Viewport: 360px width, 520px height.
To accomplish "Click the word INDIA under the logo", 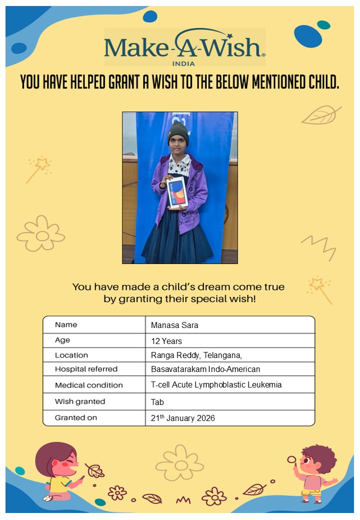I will click(183, 63).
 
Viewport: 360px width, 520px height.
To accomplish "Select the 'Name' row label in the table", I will click(66, 325).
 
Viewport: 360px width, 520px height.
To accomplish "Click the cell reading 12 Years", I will click(166, 341).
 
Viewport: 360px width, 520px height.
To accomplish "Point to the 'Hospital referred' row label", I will click(86, 369).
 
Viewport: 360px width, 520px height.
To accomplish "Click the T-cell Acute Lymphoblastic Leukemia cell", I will click(216, 384).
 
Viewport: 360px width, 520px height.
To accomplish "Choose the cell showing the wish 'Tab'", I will click(157, 401).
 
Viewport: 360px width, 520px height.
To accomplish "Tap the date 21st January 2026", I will click(182, 418).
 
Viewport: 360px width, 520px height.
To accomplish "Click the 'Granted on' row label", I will click(76, 417).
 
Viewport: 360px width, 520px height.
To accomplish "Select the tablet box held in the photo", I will click(177, 191).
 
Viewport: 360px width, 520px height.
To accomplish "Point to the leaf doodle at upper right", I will click(320, 115).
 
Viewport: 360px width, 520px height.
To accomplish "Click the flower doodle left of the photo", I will click(41, 233).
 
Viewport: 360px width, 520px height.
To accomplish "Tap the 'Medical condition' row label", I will click(88, 385).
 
